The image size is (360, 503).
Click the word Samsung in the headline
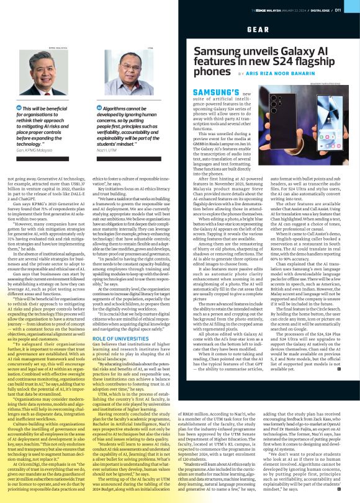(x=220, y=50)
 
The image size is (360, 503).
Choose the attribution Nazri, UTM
(x=106, y=151)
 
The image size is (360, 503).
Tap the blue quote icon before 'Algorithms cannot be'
(x=99, y=108)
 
